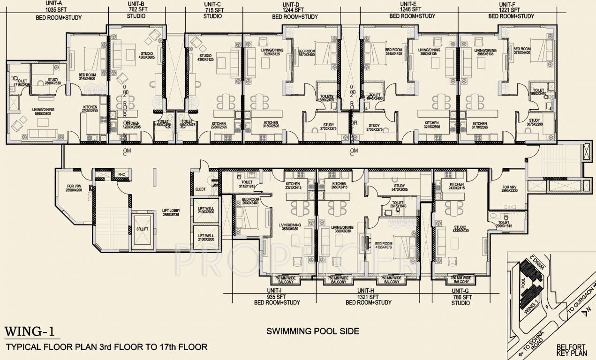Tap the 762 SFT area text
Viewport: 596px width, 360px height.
pos(136,9)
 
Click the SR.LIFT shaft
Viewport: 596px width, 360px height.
pos(141,230)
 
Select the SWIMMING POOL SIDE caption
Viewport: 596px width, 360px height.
pos(313,331)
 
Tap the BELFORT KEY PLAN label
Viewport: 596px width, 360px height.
pos(570,351)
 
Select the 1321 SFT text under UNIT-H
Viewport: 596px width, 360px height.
pos(368,297)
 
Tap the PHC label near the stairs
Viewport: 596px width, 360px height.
pos(121,174)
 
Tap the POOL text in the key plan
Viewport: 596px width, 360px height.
pos(523,285)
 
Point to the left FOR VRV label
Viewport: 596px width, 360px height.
pos(74,189)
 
